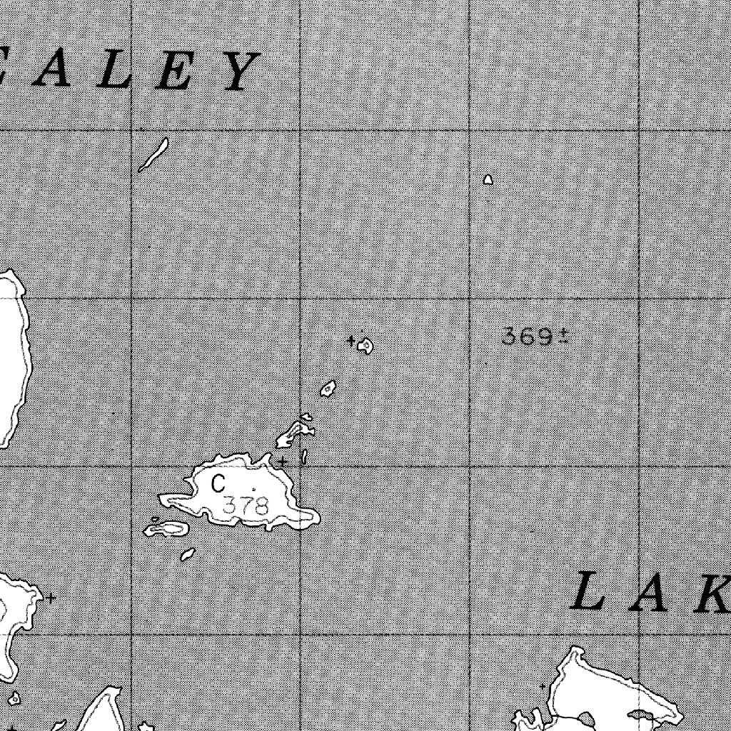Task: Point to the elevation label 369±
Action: [x=535, y=336]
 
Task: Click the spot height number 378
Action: [x=246, y=506]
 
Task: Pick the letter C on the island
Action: [x=218, y=484]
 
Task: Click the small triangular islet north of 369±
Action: [x=488, y=180]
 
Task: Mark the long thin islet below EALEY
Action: [x=153, y=155]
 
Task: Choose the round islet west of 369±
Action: [x=366, y=346]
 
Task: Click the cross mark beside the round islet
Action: [x=351, y=341]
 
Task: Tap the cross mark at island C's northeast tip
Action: [x=283, y=461]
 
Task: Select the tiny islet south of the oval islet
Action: [x=188, y=554]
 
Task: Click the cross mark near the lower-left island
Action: [x=51, y=598]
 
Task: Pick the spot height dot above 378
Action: [x=253, y=489]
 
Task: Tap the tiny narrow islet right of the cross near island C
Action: [x=304, y=456]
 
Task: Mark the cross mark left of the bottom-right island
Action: [x=543, y=686]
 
